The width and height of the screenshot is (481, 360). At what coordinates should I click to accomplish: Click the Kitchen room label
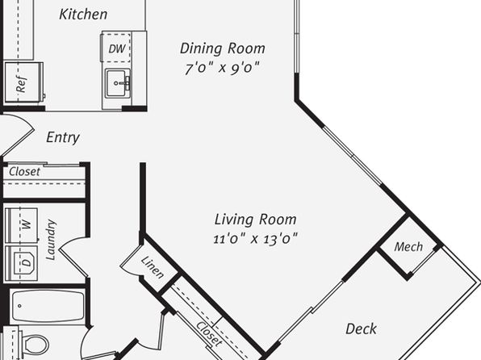pyautogui.click(x=83, y=15)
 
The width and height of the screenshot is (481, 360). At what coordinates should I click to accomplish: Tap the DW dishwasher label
pyautogui.click(x=117, y=48)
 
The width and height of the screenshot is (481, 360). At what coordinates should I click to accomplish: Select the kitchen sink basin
pyautogui.click(x=116, y=83)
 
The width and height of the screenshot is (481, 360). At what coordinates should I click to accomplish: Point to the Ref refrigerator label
pyautogui.click(x=21, y=84)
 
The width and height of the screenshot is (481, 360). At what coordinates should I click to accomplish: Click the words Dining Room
pyautogui.click(x=223, y=48)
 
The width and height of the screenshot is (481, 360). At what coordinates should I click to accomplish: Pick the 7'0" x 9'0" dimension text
pyautogui.click(x=222, y=68)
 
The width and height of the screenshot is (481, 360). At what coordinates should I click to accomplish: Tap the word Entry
pyautogui.click(x=63, y=137)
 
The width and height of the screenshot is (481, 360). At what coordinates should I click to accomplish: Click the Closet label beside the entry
pyautogui.click(x=24, y=172)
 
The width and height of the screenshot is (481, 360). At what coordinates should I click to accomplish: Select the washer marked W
pyautogui.click(x=22, y=225)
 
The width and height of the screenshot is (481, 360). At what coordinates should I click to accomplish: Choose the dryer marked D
pyautogui.click(x=22, y=262)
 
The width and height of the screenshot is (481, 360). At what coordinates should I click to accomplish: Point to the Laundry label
pyautogui.click(x=51, y=240)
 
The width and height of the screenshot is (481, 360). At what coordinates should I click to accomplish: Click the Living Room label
pyautogui.click(x=255, y=220)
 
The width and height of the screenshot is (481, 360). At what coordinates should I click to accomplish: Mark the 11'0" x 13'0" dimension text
pyautogui.click(x=255, y=239)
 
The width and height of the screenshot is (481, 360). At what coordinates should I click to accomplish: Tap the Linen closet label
pyautogui.click(x=153, y=267)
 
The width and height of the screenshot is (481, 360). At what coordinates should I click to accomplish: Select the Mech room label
pyautogui.click(x=408, y=247)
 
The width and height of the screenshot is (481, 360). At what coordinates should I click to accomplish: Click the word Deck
pyautogui.click(x=361, y=329)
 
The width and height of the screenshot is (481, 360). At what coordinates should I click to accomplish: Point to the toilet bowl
pyautogui.click(x=36, y=345)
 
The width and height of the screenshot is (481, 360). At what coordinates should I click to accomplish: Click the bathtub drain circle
pyautogui.click(x=19, y=306)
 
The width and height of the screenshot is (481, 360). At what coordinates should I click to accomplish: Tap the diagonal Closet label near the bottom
pyautogui.click(x=209, y=334)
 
